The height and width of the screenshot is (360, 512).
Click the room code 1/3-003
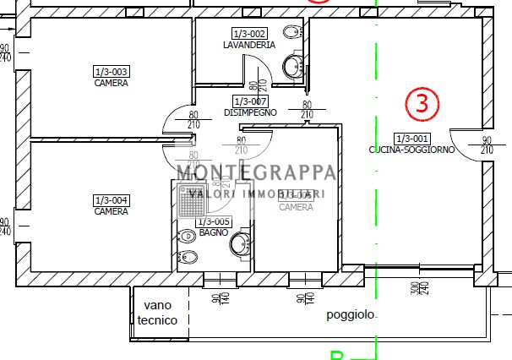111,72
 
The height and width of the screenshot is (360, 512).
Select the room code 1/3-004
111,200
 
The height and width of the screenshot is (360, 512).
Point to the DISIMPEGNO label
250,112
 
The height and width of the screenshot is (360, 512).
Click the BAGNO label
214,232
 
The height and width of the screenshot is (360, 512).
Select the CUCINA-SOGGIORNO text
411,150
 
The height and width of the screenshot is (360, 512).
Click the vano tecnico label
158,313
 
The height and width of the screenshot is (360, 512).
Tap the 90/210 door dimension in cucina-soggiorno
487,145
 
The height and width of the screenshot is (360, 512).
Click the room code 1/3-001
411,138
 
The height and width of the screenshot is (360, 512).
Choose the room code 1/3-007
250,101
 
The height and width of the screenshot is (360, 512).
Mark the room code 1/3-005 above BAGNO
214,221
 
